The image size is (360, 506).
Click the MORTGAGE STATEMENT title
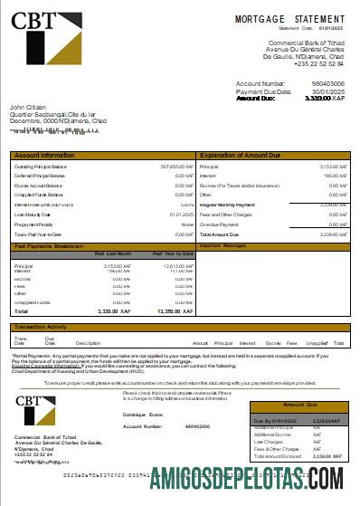(289, 19)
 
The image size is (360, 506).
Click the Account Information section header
(45, 156)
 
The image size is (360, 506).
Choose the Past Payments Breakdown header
(49, 245)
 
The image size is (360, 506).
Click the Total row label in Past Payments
(21, 310)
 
